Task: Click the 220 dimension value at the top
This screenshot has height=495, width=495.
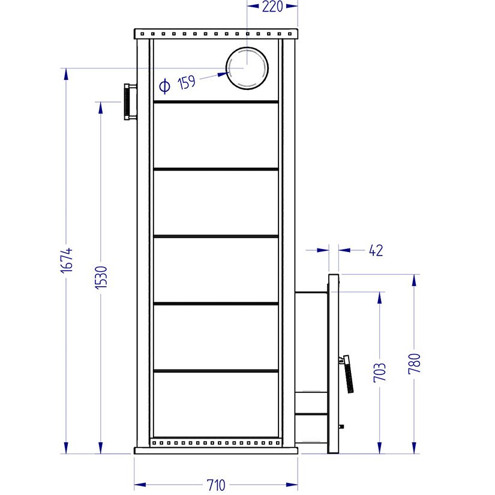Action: pyautogui.click(x=273, y=7)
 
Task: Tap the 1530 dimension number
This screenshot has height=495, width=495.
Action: pyautogui.click(x=101, y=278)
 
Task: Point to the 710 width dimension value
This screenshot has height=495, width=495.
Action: pyautogui.click(x=216, y=485)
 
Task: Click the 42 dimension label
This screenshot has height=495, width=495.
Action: pyautogui.click(x=375, y=250)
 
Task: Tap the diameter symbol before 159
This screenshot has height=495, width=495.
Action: pyautogui.click(x=164, y=87)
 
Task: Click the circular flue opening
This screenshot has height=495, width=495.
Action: pyautogui.click(x=247, y=68)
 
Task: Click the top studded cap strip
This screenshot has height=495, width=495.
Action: pyautogui.click(x=216, y=32)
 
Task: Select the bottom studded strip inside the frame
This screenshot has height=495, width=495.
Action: pyautogui.click(x=216, y=443)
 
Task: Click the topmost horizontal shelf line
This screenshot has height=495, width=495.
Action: pyautogui.click(x=216, y=102)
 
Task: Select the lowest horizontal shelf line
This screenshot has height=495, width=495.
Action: pyautogui.click(x=216, y=371)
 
